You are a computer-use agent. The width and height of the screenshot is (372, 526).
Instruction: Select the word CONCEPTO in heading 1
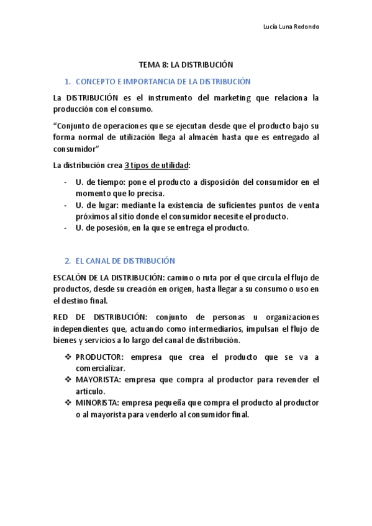[x=93, y=81]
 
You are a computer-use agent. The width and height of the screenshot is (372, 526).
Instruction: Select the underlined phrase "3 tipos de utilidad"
[x=157, y=166]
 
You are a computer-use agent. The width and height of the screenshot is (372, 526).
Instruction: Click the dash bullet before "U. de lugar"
[x=66, y=205]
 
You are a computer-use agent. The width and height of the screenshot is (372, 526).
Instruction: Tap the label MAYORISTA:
[x=99, y=379]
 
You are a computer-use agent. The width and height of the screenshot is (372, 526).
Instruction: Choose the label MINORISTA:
[x=98, y=403]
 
